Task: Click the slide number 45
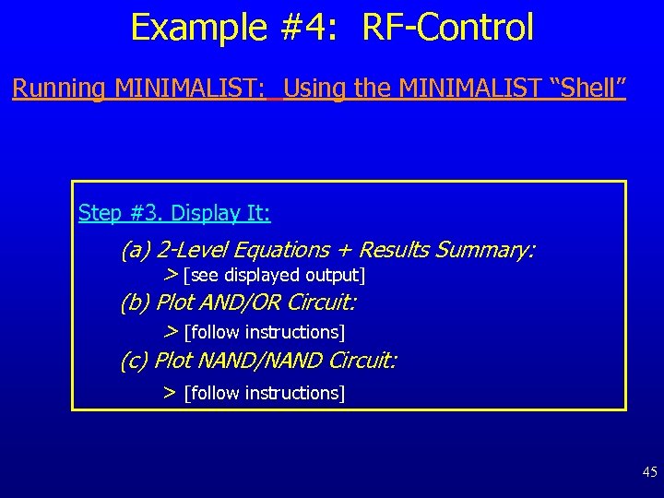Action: (649, 472)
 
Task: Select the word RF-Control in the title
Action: (448, 28)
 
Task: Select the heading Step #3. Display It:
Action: (174, 213)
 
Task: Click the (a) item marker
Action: (136, 250)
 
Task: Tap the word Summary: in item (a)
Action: (484, 250)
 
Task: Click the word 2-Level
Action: (192, 250)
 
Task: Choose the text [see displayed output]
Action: (275, 276)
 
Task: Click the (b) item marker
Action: (136, 302)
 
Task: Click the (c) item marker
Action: (135, 361)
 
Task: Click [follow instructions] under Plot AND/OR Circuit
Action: (265, 332)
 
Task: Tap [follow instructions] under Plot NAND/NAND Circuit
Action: (265, 394)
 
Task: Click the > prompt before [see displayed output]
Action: (171, 275)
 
